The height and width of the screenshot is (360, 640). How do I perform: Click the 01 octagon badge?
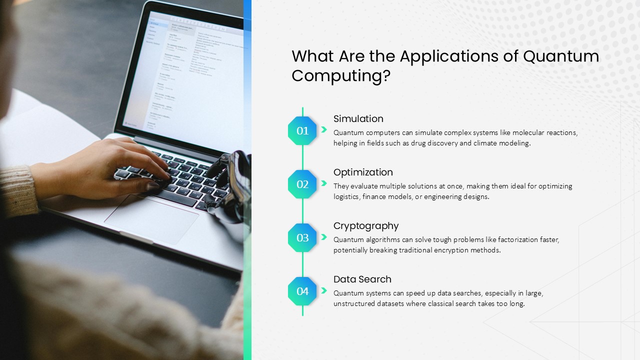pyautogui.click(x=302, y=130)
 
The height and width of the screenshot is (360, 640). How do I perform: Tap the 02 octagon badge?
pyautogui.click(x=302, y=184)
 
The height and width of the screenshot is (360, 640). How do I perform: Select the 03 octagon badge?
pyautogui.click(x=302, y=237)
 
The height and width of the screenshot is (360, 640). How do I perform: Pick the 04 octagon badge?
pyautogui.click(x=302, y=291)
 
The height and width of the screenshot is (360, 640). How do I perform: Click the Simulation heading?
pyautogui.click(x=358, y=118)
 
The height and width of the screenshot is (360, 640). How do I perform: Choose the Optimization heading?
pyautogui.click(x=363, y=172)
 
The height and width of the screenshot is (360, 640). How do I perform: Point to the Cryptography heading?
pyautogui.click(x=366, y=226)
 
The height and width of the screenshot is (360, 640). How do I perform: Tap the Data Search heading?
pyautogui.click(x=362, y=279)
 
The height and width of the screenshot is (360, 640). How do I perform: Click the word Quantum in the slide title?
pyautogui.click(x=561, y=56)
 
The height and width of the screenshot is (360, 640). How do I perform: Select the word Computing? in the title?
pyautogui.click(x=341, y=76)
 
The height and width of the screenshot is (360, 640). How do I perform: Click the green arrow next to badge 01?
pyautogui.click(x=323, y=129)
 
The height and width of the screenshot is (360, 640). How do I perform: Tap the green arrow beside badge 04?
pyautogui.click(x=323, y=290)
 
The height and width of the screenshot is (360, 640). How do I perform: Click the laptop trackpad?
pyautogui.click(x=151, y=218)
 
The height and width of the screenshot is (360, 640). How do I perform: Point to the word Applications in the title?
pyautogui.click(x=449, y=57)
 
